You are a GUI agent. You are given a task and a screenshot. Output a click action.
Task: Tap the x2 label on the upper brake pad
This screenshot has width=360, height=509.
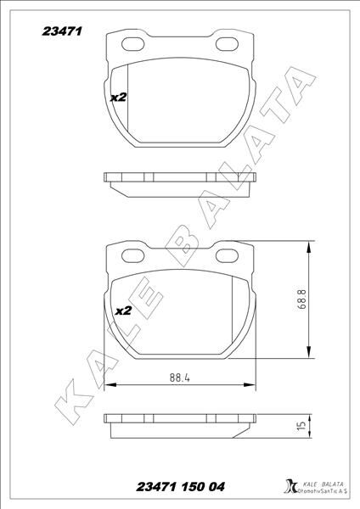pos(118,98)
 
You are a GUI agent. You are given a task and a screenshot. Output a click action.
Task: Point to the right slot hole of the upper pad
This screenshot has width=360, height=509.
pos(228,43)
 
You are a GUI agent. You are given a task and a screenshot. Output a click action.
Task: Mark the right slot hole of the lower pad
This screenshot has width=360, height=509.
pos(228,255)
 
